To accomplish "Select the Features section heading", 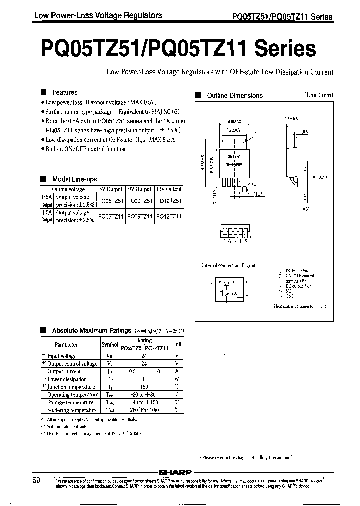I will click(x=65, y=92).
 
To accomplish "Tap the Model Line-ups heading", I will click(x=74, y=179).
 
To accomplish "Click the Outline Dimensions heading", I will click(x=234, y=95).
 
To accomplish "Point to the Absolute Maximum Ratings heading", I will click(x=92, y=330).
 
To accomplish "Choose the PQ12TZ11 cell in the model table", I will click(x=168, y=216).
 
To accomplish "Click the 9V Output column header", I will click(x=140, y=189).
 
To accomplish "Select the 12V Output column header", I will click(x=168, y=189).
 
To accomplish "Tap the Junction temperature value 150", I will click(x=144, y=387).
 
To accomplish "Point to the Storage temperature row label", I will click(x=70, y=402).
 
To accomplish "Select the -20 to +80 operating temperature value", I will click(x=144, y=395).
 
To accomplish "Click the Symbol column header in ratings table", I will click(x=110, y=344).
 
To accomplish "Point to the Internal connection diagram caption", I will click(x=229, y=265).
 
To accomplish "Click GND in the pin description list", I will click(x=290, y=296).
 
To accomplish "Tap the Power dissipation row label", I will click(x=67, y=379).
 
